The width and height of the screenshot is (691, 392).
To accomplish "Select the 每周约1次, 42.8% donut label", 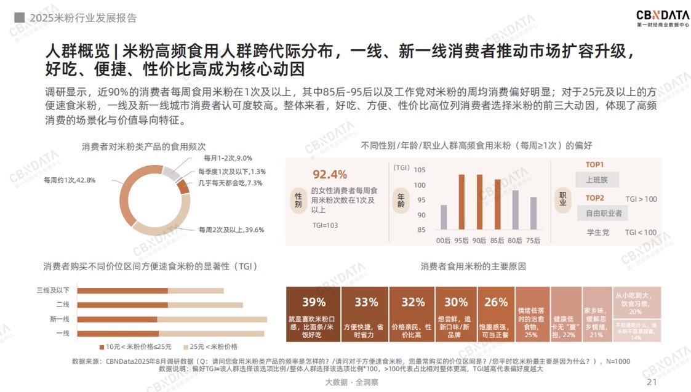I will tap(70, 180).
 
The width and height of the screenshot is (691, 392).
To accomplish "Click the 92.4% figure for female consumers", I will tap(329, 174).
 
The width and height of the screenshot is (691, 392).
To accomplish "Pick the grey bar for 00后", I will tap(444, 217).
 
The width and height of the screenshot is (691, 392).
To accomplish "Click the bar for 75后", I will tap(533, 213).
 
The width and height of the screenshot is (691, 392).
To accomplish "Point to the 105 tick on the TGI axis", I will tap(419, 170).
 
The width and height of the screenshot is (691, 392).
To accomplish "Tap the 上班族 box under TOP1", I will tap(596, 180).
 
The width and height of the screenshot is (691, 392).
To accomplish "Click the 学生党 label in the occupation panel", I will tap(597, 233).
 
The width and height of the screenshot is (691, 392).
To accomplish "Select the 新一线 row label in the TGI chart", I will tap(60, 319).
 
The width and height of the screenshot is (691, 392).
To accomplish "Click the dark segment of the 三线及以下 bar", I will tap(122, 290).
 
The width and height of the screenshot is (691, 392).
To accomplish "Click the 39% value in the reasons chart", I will tap(313, 302).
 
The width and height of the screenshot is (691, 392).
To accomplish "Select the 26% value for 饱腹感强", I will tap(496, 302).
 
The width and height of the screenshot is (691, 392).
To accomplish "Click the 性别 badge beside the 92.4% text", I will tap(298, 200).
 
